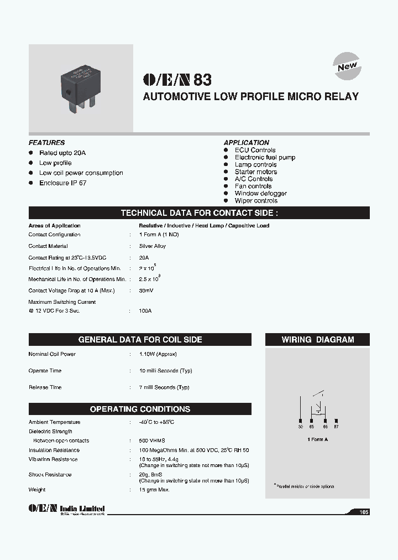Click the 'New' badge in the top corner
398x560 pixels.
point(348,66)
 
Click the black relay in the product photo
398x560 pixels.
point(81,86)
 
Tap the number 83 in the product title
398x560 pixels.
point(202,80)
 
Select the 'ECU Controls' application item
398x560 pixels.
point(255,150)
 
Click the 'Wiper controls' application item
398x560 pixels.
point(256,201)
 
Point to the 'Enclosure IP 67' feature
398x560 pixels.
point(62,183)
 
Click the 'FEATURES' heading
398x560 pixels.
point(46,142)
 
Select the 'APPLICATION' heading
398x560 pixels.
point(247,142)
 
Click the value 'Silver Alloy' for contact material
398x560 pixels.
point(153,246)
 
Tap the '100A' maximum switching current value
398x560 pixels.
point(145,311)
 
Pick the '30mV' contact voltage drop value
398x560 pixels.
point(146,291)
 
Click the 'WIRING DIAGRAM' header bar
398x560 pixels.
point(318,340)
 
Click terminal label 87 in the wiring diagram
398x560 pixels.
point(336,427)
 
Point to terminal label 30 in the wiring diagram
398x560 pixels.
point(300,427)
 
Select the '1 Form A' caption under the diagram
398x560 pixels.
point(318,439)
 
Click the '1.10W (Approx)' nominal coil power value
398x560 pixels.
point(158,354)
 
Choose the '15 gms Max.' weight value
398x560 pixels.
point(155,490)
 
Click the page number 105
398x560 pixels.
point(363,512)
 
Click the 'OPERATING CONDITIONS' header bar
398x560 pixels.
point(140,409)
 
